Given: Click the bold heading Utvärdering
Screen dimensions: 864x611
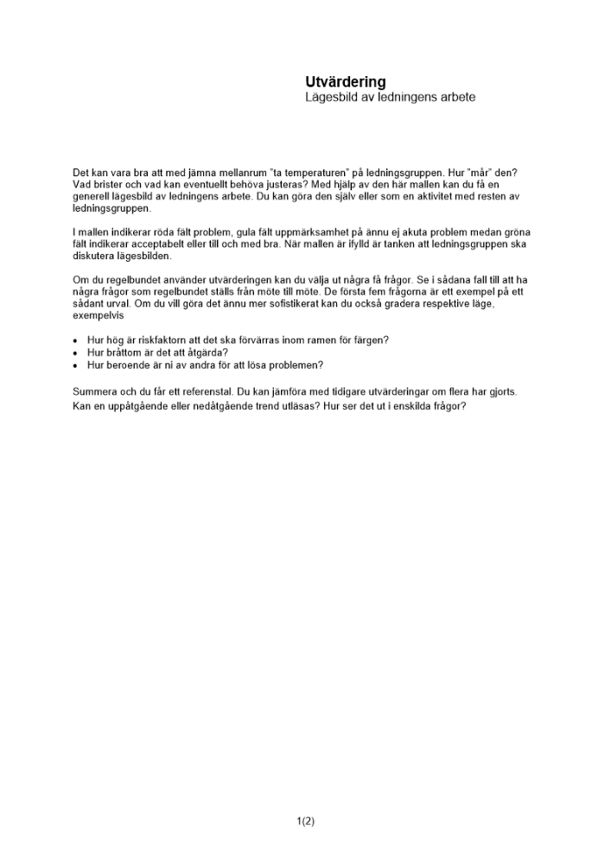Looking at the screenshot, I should tap(345, 82).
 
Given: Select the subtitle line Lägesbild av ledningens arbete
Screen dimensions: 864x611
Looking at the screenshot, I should tap(390, 98).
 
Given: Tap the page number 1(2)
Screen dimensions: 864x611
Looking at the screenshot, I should tap(305, 822).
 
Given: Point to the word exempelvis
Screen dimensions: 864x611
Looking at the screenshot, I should tap(98, 316).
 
